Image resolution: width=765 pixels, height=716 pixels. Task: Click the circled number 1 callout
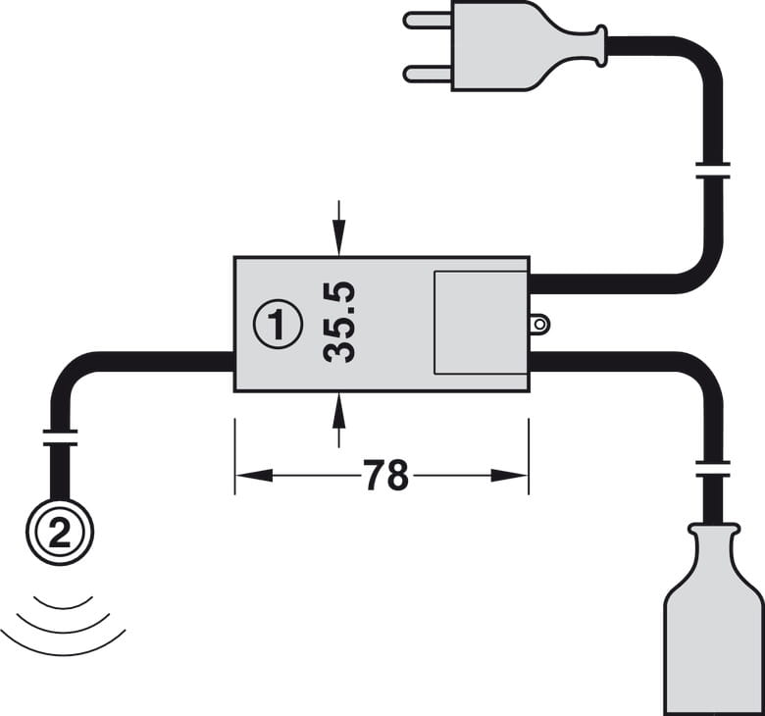click(x=278, y=324)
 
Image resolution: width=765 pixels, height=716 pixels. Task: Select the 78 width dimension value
click(x=385, y=476)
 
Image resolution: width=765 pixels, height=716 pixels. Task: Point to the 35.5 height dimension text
click(x=339, y=322)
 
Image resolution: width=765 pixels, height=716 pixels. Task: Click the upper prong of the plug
click(x=427, y=19)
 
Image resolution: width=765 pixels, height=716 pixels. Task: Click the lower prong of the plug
click(x=427, y=72)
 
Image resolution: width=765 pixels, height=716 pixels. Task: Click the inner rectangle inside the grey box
click(x=480, y=323)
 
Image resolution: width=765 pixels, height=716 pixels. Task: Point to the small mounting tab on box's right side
click(x=538, y=323)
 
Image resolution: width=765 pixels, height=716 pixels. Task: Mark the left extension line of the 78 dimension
click(x=235, y=456)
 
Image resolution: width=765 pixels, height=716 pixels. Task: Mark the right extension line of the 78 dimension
click(x=529, y=456)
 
